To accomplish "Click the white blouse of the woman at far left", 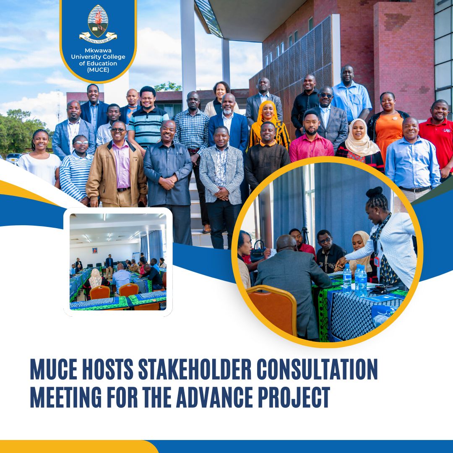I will point(40,168).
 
